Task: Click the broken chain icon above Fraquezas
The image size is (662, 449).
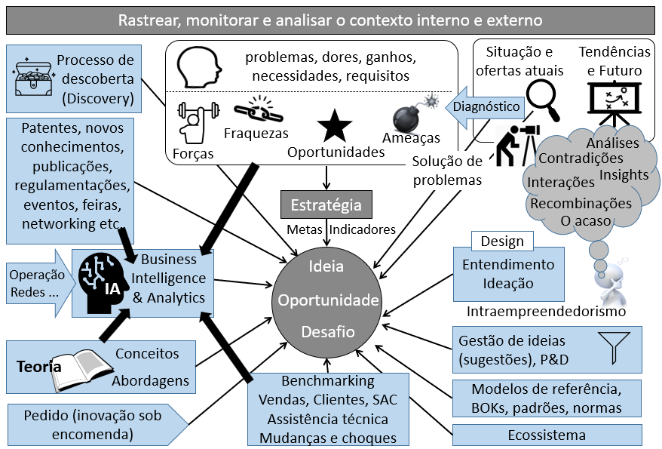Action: (256, 111)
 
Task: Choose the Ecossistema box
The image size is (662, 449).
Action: (547, 435)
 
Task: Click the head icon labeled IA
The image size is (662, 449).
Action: (103, 282)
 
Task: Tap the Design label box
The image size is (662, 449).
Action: (502, 241)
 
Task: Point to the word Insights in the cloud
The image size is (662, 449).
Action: (624, 175)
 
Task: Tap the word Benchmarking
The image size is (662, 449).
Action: (327, 381)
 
